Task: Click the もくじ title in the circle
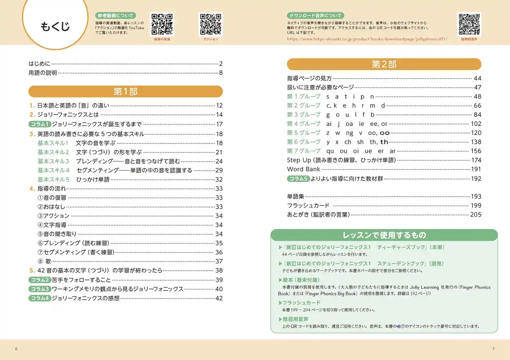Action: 55,27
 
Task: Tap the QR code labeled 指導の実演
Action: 162,24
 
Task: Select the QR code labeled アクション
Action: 210,24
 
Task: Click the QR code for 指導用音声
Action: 469,24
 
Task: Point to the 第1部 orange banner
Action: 126,92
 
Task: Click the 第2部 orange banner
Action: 384,65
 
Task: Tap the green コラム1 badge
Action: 40,124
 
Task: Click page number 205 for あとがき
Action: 476,215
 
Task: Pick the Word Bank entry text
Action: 304,169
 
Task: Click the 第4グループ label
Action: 304,124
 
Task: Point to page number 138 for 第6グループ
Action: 476,142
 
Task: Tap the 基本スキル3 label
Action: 53,161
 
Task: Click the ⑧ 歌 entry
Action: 44,262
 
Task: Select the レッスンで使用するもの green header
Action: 384,235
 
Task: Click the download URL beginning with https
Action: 367,39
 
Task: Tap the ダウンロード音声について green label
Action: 315,16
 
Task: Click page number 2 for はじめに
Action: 221,64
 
